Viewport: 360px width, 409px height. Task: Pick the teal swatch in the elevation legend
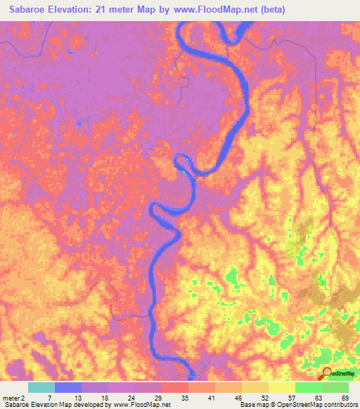coord(41,387)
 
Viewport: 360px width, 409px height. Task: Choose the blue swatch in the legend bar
coord(68,387)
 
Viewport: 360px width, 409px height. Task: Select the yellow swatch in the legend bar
coord(281,387)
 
